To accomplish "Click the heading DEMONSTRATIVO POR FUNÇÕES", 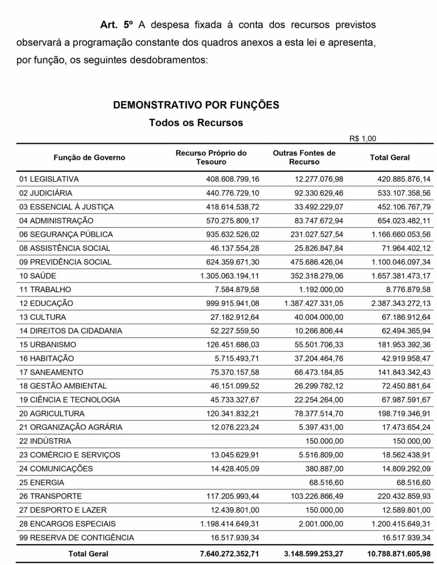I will (x=196, y=105).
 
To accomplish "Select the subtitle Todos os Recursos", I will (x=196, y=122).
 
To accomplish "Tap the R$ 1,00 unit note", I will (x=362, y=139).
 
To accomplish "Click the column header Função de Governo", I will (x=89, y=157).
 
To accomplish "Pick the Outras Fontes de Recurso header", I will (x=304, y=157).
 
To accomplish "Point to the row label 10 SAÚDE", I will (x=38, y=276).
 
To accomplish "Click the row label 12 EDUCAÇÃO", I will (x=46, y=303).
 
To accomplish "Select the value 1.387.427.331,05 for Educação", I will (x=314, y=303).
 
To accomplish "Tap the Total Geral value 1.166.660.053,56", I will (x=401, y=234).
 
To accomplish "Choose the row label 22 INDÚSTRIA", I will (x=45, y=441).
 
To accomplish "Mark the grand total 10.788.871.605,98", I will (x=398, y=554).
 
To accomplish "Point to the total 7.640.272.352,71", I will (x=230, y=554).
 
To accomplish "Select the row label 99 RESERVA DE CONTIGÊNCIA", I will (x=76, y=538).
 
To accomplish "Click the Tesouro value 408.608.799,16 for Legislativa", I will (x=232, y=179).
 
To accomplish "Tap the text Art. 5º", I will (x=116, y=25).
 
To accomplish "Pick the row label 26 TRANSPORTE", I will (x=51, y=496).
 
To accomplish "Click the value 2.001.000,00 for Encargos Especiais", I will (x=321, y=524).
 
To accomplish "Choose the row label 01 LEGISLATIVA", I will (x=49, y=179).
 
